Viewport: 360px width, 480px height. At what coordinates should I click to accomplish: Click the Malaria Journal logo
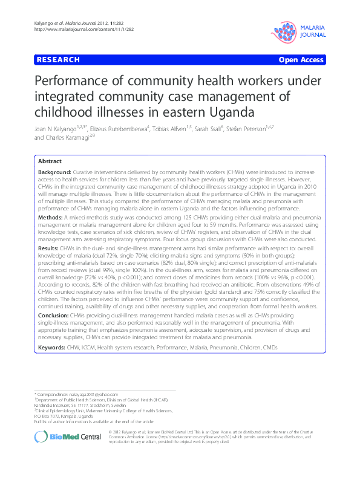[x=299, y=30]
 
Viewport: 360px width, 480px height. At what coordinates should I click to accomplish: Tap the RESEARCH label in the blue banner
[x=58, y=60]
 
